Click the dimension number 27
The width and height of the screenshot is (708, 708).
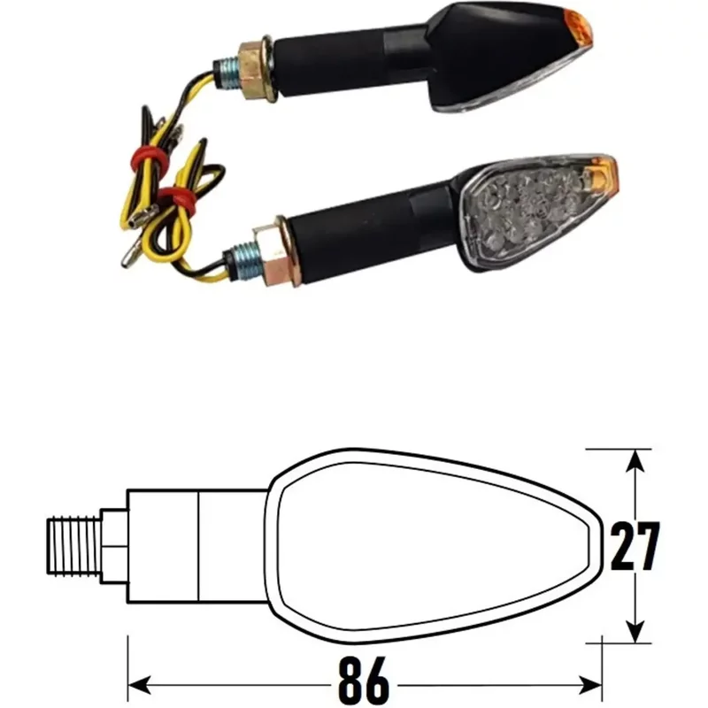(x=635, y=546)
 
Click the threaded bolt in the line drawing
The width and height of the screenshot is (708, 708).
(x=74, y=542)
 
